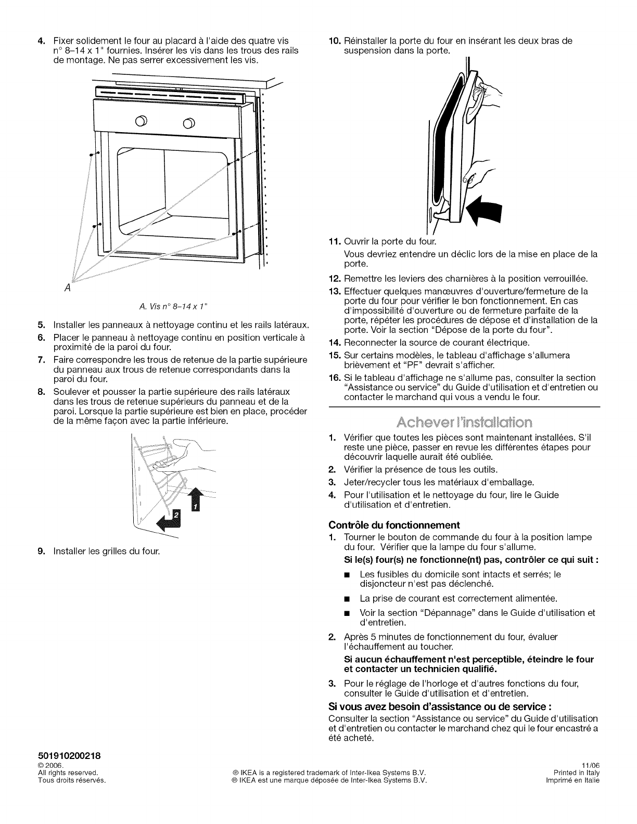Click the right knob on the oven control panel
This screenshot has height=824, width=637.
tap(188, 123)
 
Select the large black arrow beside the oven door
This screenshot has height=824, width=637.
tap(485, 211)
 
